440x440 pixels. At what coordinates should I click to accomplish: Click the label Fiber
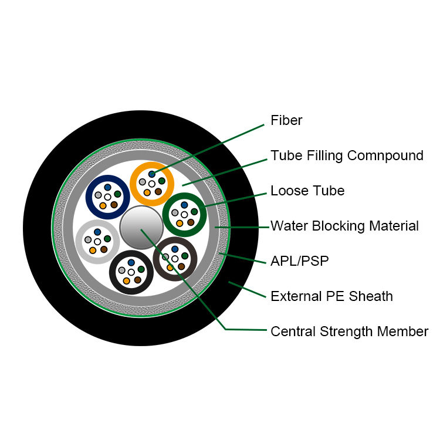pyautogui.click(x=286, y=121)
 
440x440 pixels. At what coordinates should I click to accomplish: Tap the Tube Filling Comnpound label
pyautogui.click(x=347, y=155)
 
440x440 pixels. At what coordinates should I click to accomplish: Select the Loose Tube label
pyautogui.click(x=307, y=191)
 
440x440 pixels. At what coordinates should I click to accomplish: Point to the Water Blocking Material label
pyautogui.click(x=344, y=226)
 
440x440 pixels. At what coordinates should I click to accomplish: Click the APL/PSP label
pyautogui.click(x=299, y=261)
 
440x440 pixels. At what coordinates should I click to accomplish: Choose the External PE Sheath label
pyautogui.click(x=331, y=296)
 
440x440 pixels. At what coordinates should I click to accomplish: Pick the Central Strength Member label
pyautogui.click(x=349, y=331)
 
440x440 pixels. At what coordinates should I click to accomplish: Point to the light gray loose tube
pyautogui.click(x=80, y=241)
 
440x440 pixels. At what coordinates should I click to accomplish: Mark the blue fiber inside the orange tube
pyautogui.click(x=152, y=174)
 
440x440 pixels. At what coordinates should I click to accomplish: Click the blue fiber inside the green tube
pyautogui.click(x=184, y=205)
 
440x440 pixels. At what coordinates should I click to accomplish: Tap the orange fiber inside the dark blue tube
pyautogui.click(x=103, y=205)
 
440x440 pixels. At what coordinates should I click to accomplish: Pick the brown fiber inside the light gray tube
pyautogui.click(x=104, y=249)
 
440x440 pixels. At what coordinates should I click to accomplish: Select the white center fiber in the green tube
pyautogui.click(x=184, y=214)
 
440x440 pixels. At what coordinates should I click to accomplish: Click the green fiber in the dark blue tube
pyautogui.click(x=117, y=194)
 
